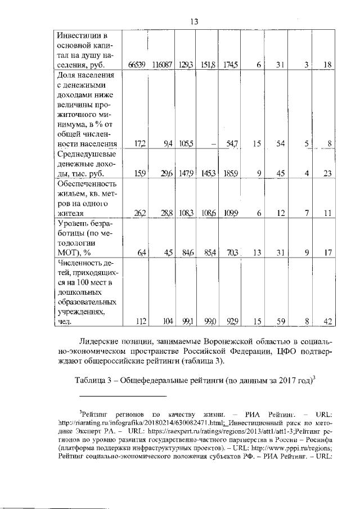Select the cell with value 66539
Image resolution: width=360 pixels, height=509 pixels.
(138, 65)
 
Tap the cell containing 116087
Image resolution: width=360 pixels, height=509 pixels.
(161, 65)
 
